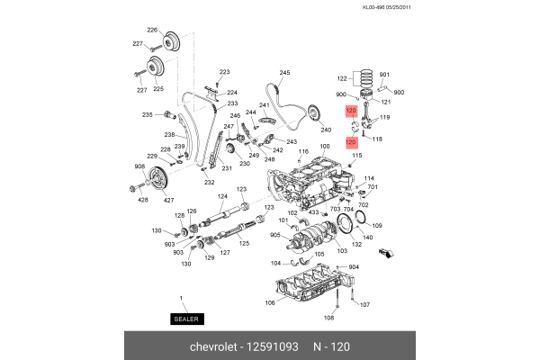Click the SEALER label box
[187, 319]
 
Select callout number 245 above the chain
[284, 73]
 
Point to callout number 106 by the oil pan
[270, 302]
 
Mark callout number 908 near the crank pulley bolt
[139, 166]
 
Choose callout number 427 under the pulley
[168, 201]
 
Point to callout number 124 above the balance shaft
[222, 196]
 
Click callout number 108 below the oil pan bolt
[328, 319]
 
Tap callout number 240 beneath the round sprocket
[326, 130]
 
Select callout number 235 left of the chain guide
[147, 114]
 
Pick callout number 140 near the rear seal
[367, 237]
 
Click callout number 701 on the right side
[373, 187]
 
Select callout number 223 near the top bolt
[224, 72]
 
